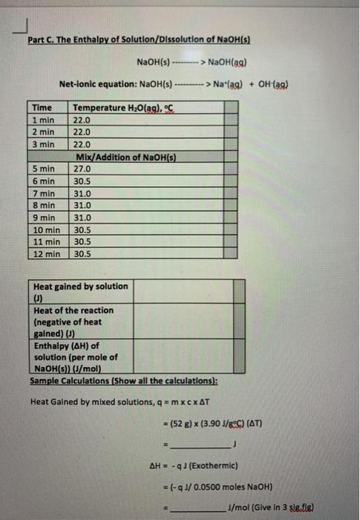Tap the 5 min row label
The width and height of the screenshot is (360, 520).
click(x=45, y=169)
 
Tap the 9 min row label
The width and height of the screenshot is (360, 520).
click(x=45, y=217)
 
